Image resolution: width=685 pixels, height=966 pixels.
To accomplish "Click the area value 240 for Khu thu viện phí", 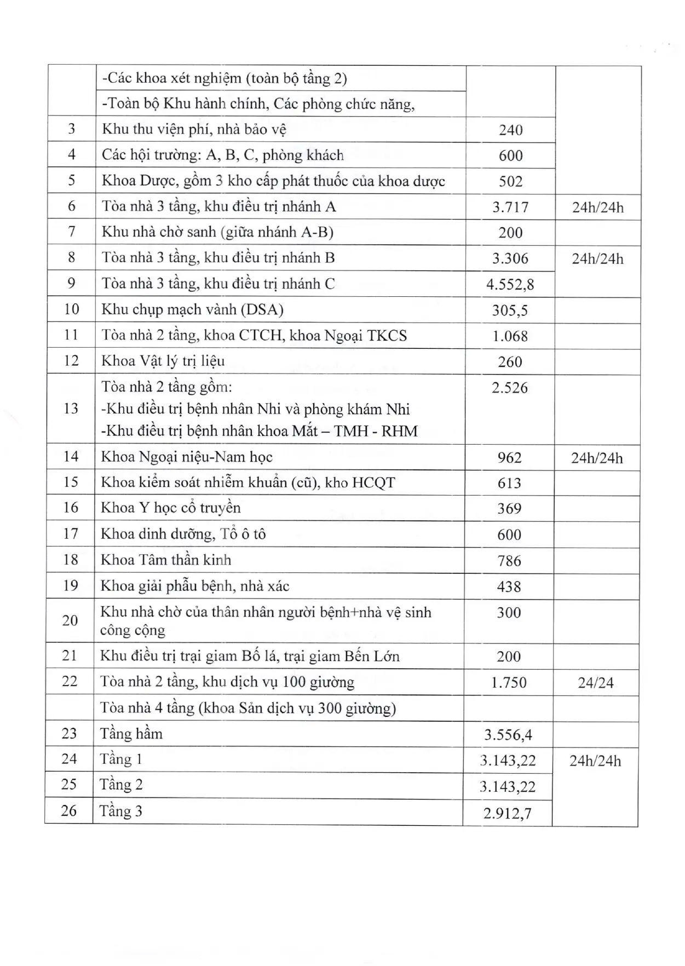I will tap(510, 130).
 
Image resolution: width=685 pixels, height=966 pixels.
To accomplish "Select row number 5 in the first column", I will tap(71, 180).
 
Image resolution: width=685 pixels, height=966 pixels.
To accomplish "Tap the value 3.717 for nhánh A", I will tap(510, 207).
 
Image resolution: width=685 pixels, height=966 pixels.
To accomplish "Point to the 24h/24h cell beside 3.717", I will tap(597, 208).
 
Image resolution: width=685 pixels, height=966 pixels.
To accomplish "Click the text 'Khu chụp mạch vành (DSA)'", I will tap(192, 309).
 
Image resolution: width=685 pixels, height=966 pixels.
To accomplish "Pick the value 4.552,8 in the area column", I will tap(510, 284).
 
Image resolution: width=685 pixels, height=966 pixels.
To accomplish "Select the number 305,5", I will tap(510, 311).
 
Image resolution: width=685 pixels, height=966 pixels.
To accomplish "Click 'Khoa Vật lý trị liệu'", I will tap(163, 361).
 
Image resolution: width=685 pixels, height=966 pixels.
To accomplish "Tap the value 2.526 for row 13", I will tap(509, 388).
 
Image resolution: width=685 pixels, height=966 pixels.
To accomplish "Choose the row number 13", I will tap(71, 409).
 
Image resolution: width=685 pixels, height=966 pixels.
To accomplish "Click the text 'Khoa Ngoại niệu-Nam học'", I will tap(187, 457).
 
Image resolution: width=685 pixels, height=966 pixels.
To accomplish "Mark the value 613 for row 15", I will tap(509, 483).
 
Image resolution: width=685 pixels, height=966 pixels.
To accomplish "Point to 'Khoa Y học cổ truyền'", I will tap(170, 508).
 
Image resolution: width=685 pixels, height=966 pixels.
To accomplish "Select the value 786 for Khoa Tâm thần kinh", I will tap(509, 561).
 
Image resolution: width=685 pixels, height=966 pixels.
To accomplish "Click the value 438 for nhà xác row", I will tap(509, 586).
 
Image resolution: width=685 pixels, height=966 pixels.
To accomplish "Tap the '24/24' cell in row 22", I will tap(596, 683).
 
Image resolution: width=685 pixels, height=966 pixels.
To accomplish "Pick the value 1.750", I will tap(509, 683).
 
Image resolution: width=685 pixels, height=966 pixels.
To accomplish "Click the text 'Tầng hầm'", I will tap(131, 734).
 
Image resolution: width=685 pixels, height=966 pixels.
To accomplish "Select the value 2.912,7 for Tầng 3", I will tap(508, 813).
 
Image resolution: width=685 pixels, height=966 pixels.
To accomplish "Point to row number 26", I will tap(69, 810).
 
